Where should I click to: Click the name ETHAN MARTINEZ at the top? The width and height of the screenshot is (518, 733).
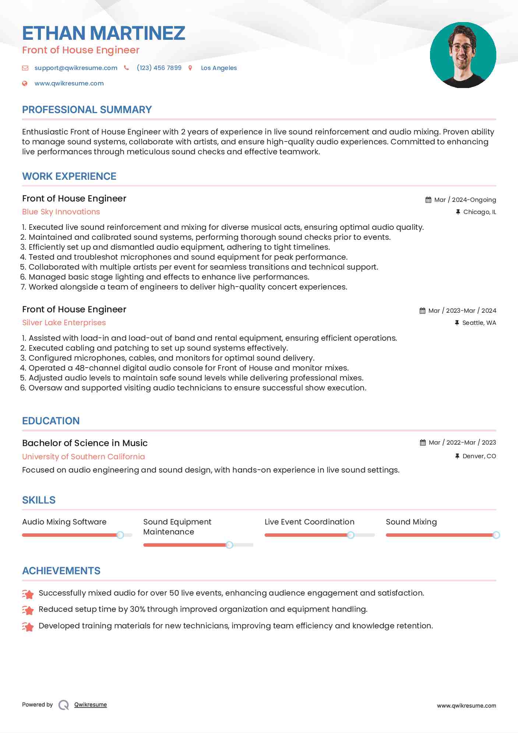(x=103, y=33)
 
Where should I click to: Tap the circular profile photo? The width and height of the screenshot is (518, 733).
(x=463, y=55)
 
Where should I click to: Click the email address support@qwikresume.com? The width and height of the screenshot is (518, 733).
(x=76, y=68)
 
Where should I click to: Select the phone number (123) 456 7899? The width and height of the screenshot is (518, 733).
(x=159, y=68)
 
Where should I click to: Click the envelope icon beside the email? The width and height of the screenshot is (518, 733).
(x=25, y=68)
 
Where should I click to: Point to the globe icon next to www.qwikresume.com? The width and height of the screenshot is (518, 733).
(x=25, y=83)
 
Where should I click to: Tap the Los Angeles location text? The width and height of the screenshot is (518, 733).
(x=219, y=68)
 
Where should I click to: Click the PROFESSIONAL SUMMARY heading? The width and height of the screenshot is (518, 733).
(x=87, y=110)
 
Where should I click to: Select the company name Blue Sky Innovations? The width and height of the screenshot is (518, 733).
(x=61, y=212)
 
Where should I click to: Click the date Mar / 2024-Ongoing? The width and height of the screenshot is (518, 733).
(x=465, y=200)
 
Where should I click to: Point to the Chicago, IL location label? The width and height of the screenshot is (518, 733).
(x=479, y=212)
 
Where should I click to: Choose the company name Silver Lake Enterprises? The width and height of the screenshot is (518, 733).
(x=64, y=323)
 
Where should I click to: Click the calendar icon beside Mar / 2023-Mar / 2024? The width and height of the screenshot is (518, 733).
(x=422, y=311)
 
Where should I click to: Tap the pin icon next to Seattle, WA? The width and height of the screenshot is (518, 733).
(x=457, y=323)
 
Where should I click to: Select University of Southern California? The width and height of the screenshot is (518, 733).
(x=84, y=457)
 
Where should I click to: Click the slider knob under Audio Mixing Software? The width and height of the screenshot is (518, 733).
(x=120, y=535)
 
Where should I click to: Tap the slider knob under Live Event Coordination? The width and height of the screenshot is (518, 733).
(x=350, y=535)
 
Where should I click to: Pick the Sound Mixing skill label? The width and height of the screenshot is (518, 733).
(x=411, y=522)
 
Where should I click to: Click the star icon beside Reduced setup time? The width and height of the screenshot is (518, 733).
(x=28, y=610)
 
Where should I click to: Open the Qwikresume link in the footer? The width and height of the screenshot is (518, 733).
(x=91, y=705)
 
